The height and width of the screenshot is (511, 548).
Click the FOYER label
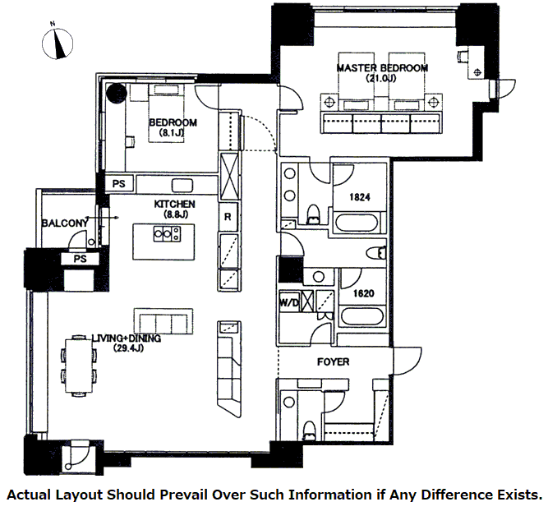[x=334, y=361]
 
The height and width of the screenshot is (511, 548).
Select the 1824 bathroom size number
[x=359, y=197]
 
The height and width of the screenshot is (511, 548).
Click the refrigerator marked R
[x=228, y=218]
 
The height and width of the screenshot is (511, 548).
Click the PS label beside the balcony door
[x=80, y=259]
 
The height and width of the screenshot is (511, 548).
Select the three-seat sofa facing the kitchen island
[x=164, y=320]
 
